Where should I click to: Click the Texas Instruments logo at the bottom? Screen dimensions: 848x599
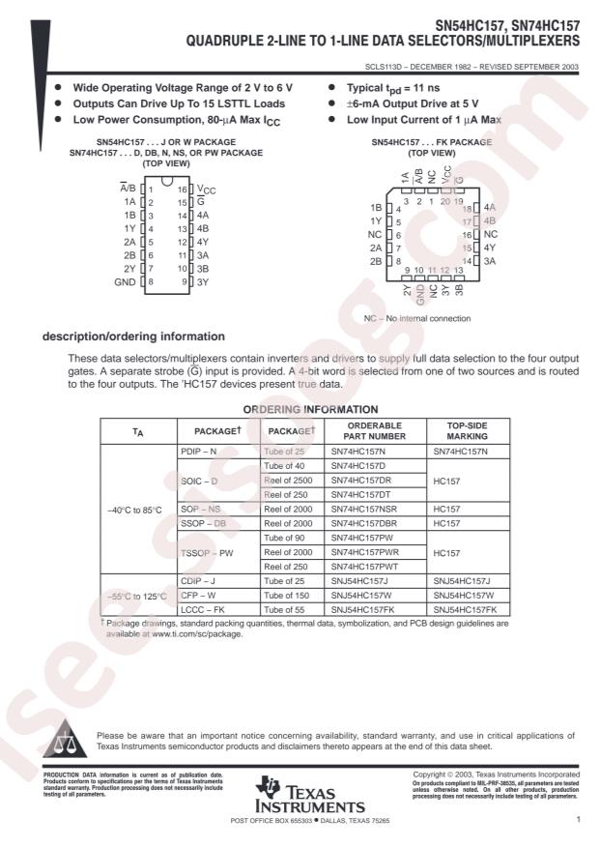tap(299, 794)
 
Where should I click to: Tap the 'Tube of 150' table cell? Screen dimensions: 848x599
tap(287, 596)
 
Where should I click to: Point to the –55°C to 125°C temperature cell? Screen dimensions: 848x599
tap(136, 596)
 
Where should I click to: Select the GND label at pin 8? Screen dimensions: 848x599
tap(125, 281)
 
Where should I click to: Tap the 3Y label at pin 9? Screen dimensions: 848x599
tap(203, 281)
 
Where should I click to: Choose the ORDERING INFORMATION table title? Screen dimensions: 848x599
tap(298, 409)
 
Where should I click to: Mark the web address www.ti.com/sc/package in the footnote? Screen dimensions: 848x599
tap(189, 634)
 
